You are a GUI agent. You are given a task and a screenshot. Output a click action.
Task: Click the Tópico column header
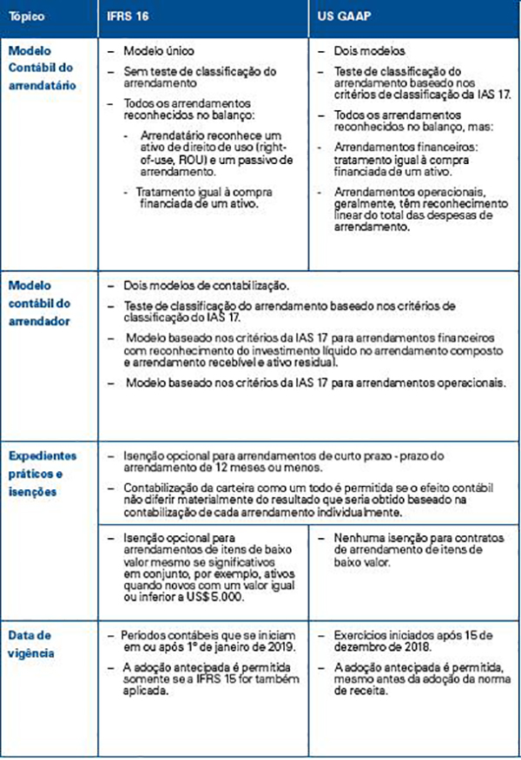pyautogui.click(x=28, y=16)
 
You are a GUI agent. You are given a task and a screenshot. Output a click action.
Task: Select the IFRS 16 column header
pyautogui.click(x=127, y=16)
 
